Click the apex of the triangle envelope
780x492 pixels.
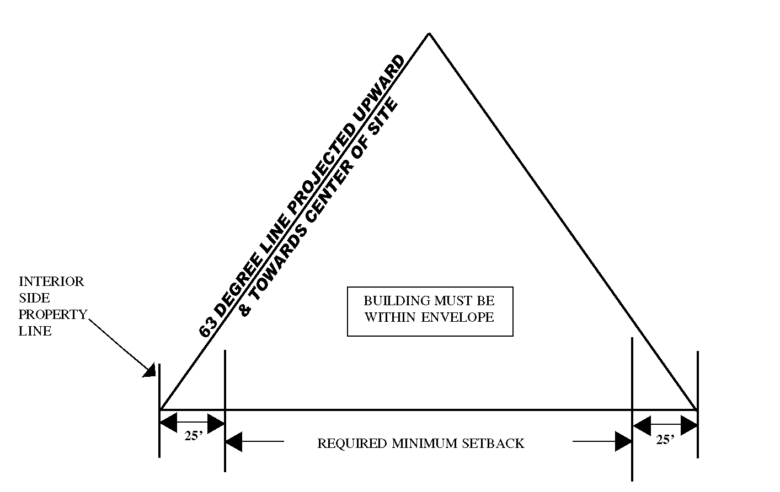[x=429, y=34]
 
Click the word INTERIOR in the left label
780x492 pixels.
[x=51, y=282]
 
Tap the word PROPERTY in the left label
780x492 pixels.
[x=52, y=315]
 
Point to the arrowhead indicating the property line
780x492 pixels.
[x=149, y=370]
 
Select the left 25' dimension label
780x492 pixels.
[x=194, y=436]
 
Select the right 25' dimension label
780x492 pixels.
[x=665, y=440]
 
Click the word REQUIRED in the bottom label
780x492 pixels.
[x=352, y=444]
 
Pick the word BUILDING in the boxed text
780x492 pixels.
[x=394, y=301]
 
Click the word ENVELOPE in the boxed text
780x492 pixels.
[x=457, y=317]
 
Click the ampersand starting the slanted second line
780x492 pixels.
[x=245, y=310]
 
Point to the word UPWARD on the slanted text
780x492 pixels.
[x=380, y=90]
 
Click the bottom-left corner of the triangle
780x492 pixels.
[x=160, y=409]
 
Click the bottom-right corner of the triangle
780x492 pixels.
[x=697, y=409]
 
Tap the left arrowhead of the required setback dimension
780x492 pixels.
[x=234, y=441]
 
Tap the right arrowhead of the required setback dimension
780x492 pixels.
[x=623, y=441]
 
